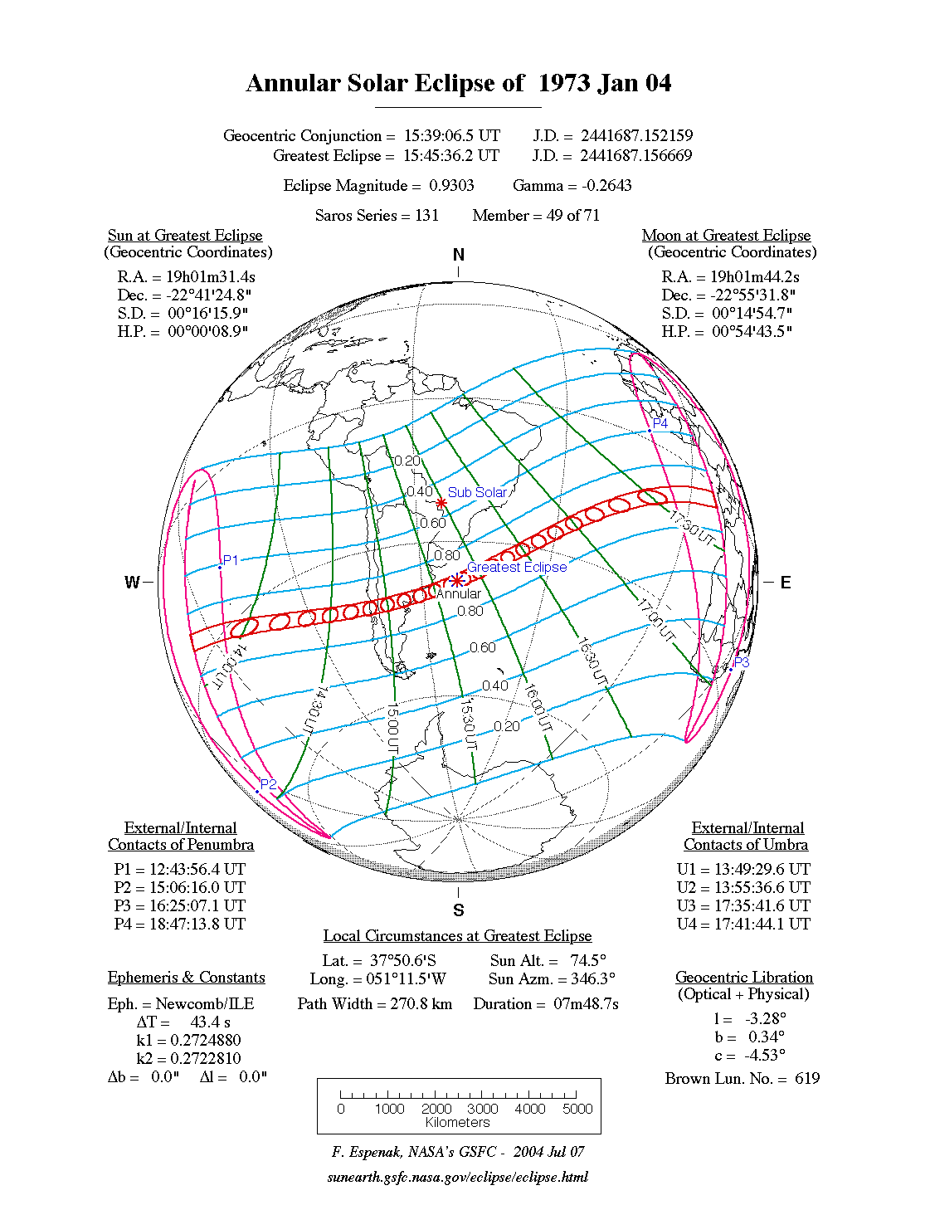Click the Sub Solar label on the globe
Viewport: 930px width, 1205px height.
click(x=476, y=492)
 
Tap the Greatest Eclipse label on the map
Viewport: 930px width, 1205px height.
click(x=517, y=567)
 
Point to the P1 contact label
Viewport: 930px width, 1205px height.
click(x=231, y=560)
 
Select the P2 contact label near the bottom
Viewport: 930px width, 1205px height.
click(x=268, y=784)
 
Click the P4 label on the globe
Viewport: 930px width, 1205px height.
click(x=660, y=423)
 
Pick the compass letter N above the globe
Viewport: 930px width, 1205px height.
click(x=459, y=255)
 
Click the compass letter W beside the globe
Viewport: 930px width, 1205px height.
click(x=132, y=582)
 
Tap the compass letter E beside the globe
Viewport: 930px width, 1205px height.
click(x=785, y=583)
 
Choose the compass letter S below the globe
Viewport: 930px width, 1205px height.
click(x=459, y=910)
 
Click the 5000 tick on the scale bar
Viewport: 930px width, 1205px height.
click(x=577, y=1109)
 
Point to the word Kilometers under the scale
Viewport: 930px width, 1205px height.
click(x=458, y=1123)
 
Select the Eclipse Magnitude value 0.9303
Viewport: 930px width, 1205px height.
click(x=451, y=186)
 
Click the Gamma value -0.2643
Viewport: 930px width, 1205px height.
click(x=606, y=186)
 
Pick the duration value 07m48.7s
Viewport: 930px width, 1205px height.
click(x=586, y=1004)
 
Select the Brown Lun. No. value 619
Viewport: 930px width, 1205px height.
click(x=806, y=1079)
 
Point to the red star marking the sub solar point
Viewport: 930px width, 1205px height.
click(x=441, y=503)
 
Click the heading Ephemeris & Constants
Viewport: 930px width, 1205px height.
click(x=186, y=978)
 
